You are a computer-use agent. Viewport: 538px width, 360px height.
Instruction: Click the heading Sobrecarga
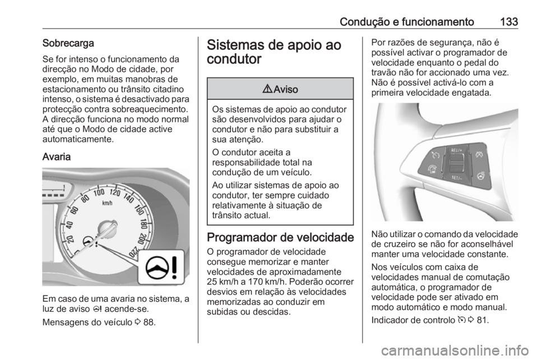(x=67, y=42)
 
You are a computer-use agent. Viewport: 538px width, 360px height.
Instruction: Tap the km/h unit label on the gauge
(x=108, y=204)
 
